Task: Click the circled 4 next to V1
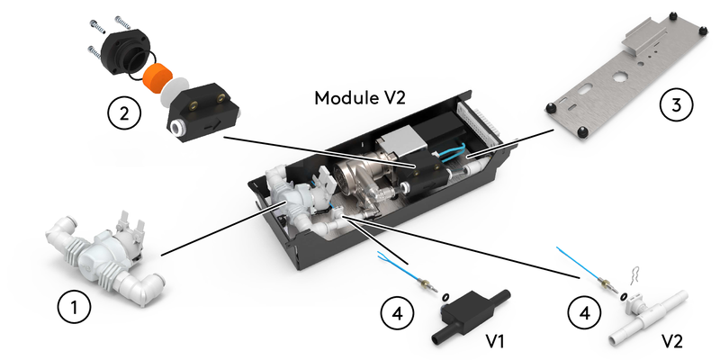398,313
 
